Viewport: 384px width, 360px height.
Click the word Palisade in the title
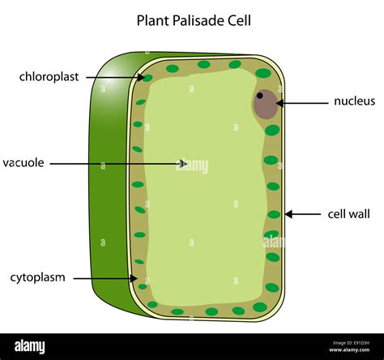[192, 19]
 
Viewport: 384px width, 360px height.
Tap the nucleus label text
[354, 101]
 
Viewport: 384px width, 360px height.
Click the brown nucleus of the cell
[265, 105]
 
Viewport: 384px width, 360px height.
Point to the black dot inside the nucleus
[259, 96]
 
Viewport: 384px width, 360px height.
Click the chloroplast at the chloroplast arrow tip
[147, 79]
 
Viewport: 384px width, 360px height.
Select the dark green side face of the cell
[109, 178]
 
